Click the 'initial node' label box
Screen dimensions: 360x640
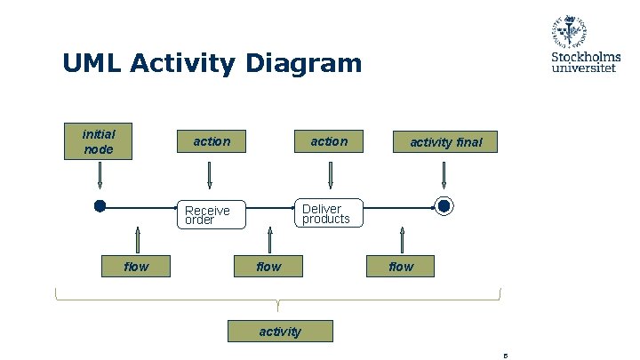pos(99,141)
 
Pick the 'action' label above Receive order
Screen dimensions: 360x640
pos(212,141)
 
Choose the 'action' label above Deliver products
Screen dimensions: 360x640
pos(329,141)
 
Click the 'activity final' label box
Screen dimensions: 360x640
pos(445,142)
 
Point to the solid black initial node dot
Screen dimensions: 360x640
pos(100,206)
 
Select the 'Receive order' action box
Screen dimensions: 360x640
pos(208,214)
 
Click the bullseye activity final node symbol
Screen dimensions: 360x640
pos(444,206)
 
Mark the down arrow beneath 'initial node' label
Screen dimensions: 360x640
pos(100,176)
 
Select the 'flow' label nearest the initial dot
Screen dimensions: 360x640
pos(136,266)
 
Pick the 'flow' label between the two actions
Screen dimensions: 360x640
pos(268,266)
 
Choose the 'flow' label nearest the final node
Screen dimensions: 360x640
pos(401,266)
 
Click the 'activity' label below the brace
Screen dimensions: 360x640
pos(280,332)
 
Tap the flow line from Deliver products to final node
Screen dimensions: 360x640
pos(398,207)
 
